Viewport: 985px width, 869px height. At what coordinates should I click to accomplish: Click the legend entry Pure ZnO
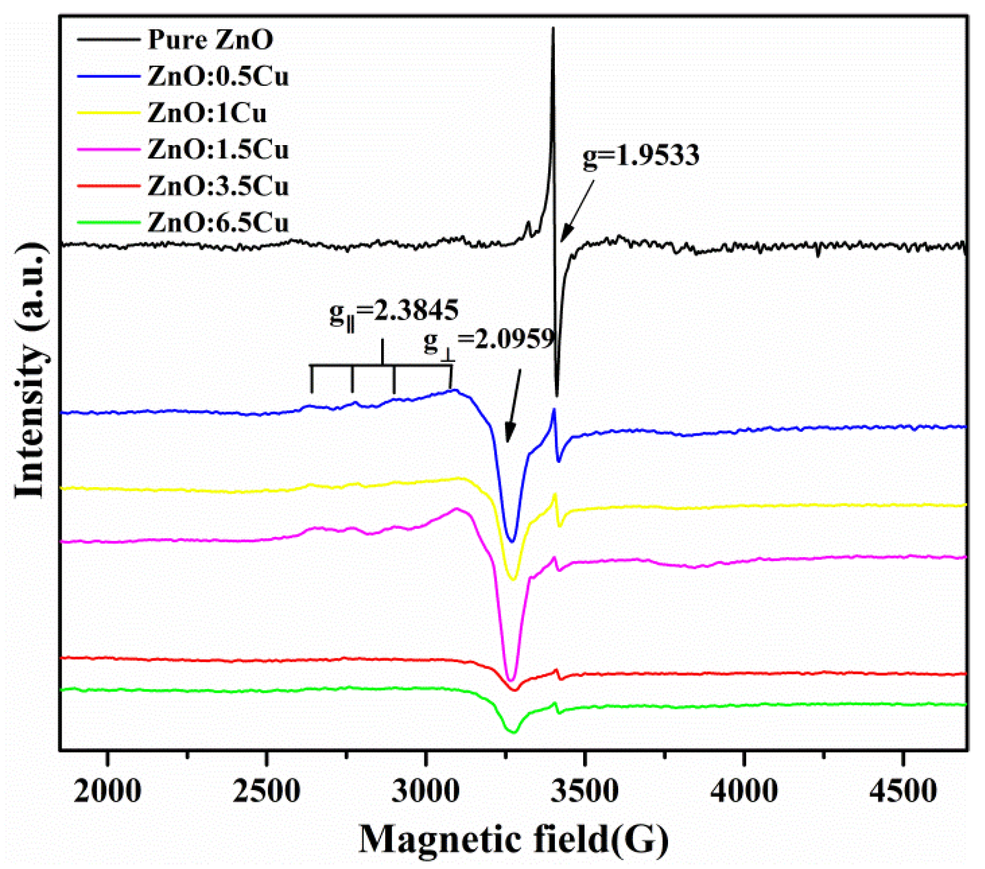pos(210,39)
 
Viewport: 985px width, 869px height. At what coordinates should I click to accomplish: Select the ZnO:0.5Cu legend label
pos(218,76)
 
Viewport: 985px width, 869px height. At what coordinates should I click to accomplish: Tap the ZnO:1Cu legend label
pos(207,113)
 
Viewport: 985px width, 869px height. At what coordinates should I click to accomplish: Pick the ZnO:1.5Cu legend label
pos(218,150)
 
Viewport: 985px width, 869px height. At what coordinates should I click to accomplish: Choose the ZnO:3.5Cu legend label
pos(218,187)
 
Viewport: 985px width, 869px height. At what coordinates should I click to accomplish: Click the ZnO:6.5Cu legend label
pos(218,223)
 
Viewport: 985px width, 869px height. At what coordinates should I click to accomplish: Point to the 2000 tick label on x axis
pos(107,792)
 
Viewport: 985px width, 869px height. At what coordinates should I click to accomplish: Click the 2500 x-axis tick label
pos(267,792)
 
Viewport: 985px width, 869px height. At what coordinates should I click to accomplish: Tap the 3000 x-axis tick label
pos(426,792)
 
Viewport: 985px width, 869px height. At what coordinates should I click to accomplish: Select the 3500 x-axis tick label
pos(585,792)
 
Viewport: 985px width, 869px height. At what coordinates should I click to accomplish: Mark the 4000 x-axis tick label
pos(744,792)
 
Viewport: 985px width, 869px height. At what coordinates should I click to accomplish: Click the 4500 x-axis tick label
pos(903,792)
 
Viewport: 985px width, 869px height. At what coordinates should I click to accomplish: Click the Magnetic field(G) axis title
pos(513,839)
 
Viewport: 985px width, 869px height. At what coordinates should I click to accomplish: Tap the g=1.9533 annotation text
pos(641,155)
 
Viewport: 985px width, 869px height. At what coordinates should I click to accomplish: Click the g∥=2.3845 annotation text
pos(394,312)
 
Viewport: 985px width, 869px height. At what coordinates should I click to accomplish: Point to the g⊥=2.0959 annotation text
pos(489,340)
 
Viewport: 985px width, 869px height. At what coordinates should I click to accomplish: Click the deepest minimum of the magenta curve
pos(511,680)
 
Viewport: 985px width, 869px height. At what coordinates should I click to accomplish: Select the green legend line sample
pos(109,223)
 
